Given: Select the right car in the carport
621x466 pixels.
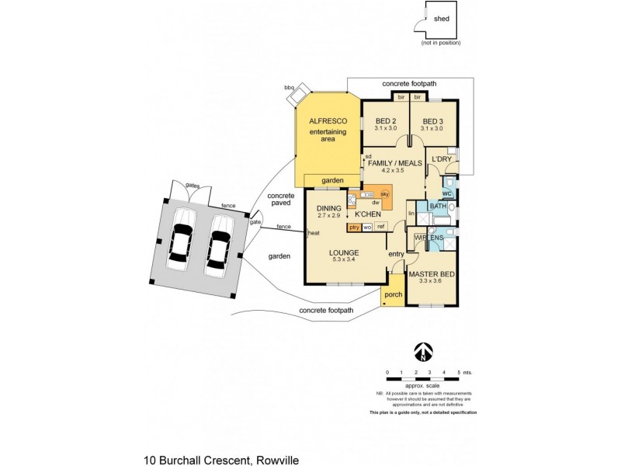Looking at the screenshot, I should [x=219, y=244].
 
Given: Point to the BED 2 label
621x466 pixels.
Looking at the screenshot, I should [x=386, y=121].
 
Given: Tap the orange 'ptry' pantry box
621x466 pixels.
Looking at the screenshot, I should [x=354, y=227].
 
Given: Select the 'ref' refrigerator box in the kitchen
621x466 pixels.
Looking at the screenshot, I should [x=380, y=227].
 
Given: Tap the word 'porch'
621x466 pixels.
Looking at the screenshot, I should [x=393, y=294].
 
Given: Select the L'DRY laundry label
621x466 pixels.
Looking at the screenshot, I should [x=441, y=159].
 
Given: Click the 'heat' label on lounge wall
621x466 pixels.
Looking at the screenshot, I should [x=314, y=233].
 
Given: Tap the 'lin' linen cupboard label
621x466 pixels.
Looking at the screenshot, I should [x=412, y=212].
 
